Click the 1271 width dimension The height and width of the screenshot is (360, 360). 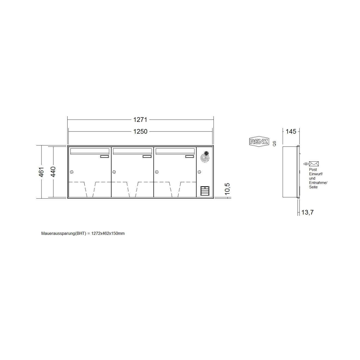140,119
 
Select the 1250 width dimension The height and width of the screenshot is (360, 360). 140,131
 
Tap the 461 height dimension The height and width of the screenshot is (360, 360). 41,172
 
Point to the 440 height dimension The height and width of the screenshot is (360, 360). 53,172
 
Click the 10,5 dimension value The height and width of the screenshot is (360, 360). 227,189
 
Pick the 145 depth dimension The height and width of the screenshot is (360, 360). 291,131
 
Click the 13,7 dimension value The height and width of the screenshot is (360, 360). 308,212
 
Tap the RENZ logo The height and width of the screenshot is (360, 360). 259,142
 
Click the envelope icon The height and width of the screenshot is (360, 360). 314,164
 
